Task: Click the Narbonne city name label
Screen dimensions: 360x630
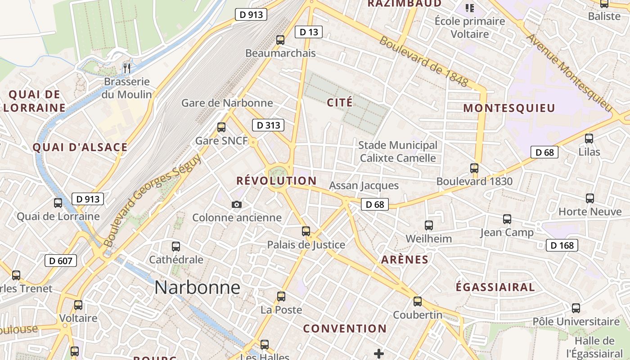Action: [197, 288]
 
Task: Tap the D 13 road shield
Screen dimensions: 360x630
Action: [309, 32]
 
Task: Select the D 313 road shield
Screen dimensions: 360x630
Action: [268, 125]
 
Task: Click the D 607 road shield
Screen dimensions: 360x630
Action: [61, 261]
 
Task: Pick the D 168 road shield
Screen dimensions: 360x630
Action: [562, 245]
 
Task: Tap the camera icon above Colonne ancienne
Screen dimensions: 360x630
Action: [237, 205]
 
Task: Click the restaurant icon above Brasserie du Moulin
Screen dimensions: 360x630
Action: [127, 68]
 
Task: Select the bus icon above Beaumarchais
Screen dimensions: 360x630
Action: [280, 40]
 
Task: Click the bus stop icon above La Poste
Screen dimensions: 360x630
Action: [281, 297]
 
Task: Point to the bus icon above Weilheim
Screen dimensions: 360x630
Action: [429, 225]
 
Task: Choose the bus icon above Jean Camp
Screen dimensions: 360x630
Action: [507, 219]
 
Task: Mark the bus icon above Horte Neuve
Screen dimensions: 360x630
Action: [590, 198]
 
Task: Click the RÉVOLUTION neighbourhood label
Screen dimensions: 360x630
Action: [276, 181]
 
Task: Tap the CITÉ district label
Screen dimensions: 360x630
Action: [340, 103]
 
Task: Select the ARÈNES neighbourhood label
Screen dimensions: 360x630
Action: [405, 260]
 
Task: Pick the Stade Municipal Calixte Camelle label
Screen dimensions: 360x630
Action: [398, 152]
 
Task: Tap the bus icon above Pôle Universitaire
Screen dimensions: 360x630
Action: [576, 309]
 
